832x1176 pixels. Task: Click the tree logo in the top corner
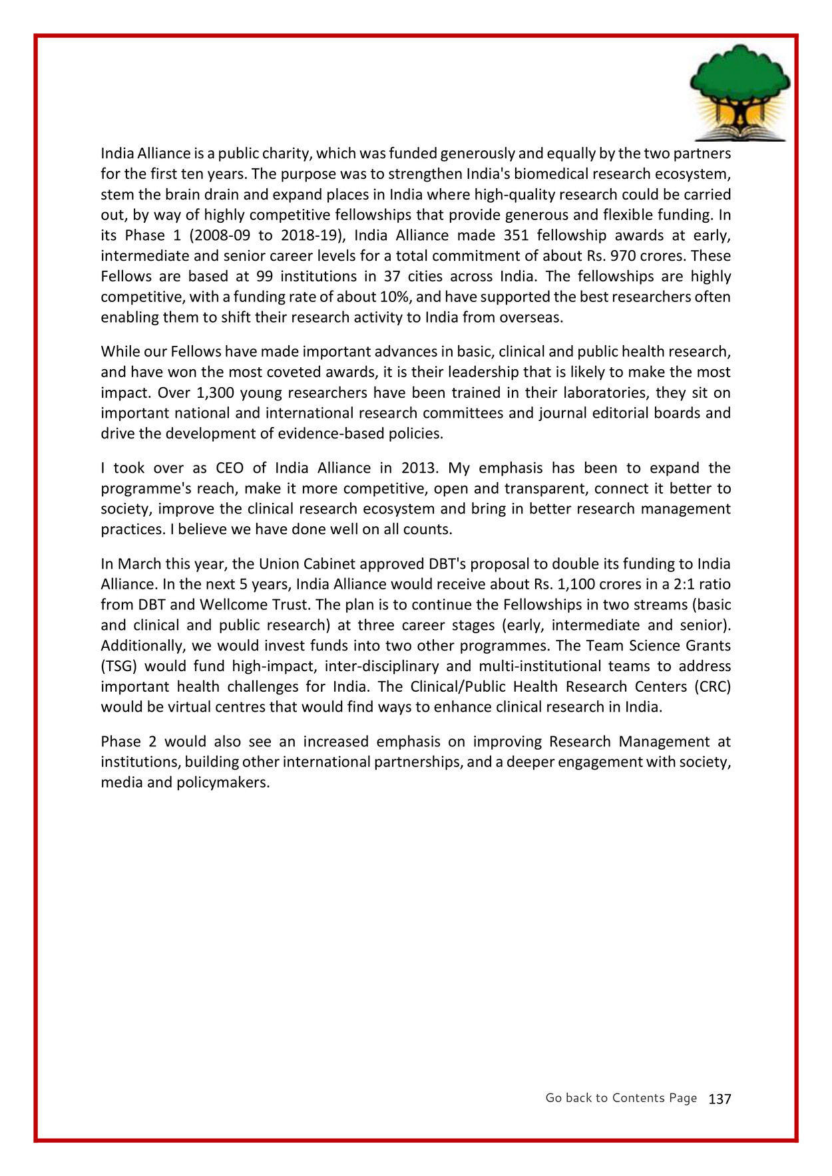740,92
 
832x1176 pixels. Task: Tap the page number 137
720,1099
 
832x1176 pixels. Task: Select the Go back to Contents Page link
621,1098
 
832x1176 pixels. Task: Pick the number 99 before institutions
264,277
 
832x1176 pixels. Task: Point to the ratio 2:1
678,585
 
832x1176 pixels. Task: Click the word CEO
230,468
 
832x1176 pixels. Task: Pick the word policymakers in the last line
223,783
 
